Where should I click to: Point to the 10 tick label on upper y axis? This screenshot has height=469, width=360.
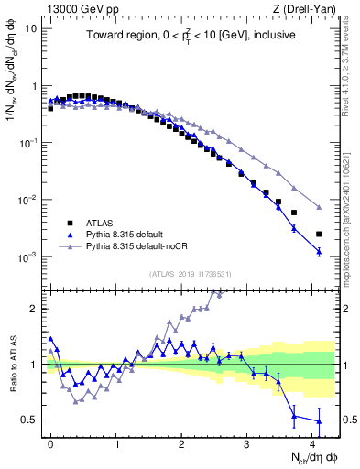pos(31,28)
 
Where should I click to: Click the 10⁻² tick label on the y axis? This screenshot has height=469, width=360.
pos(28,201)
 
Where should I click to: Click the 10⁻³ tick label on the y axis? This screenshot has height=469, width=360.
pos(28,257)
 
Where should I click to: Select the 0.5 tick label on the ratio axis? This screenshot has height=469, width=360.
pos(29,420)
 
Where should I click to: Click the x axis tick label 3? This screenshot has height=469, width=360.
pos(247,442)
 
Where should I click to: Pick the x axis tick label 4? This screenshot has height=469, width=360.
pos(312,442)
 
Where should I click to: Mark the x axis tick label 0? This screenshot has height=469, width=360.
pos(50,442)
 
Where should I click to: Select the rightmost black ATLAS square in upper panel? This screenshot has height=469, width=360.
pos(319,234)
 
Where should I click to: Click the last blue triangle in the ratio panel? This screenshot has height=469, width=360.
pos(319,421)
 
